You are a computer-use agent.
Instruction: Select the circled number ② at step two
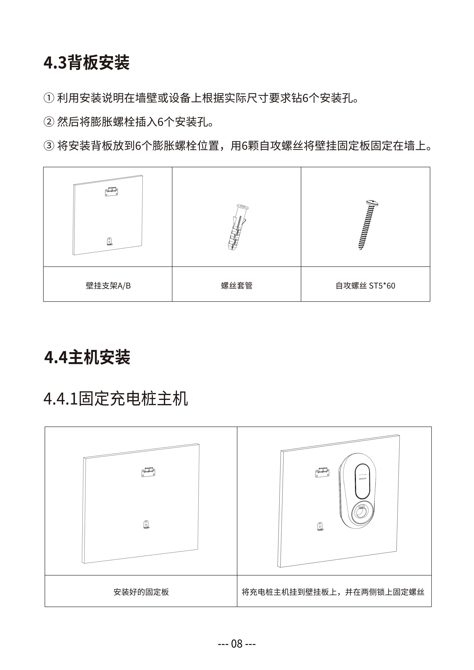click(49, 121)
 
